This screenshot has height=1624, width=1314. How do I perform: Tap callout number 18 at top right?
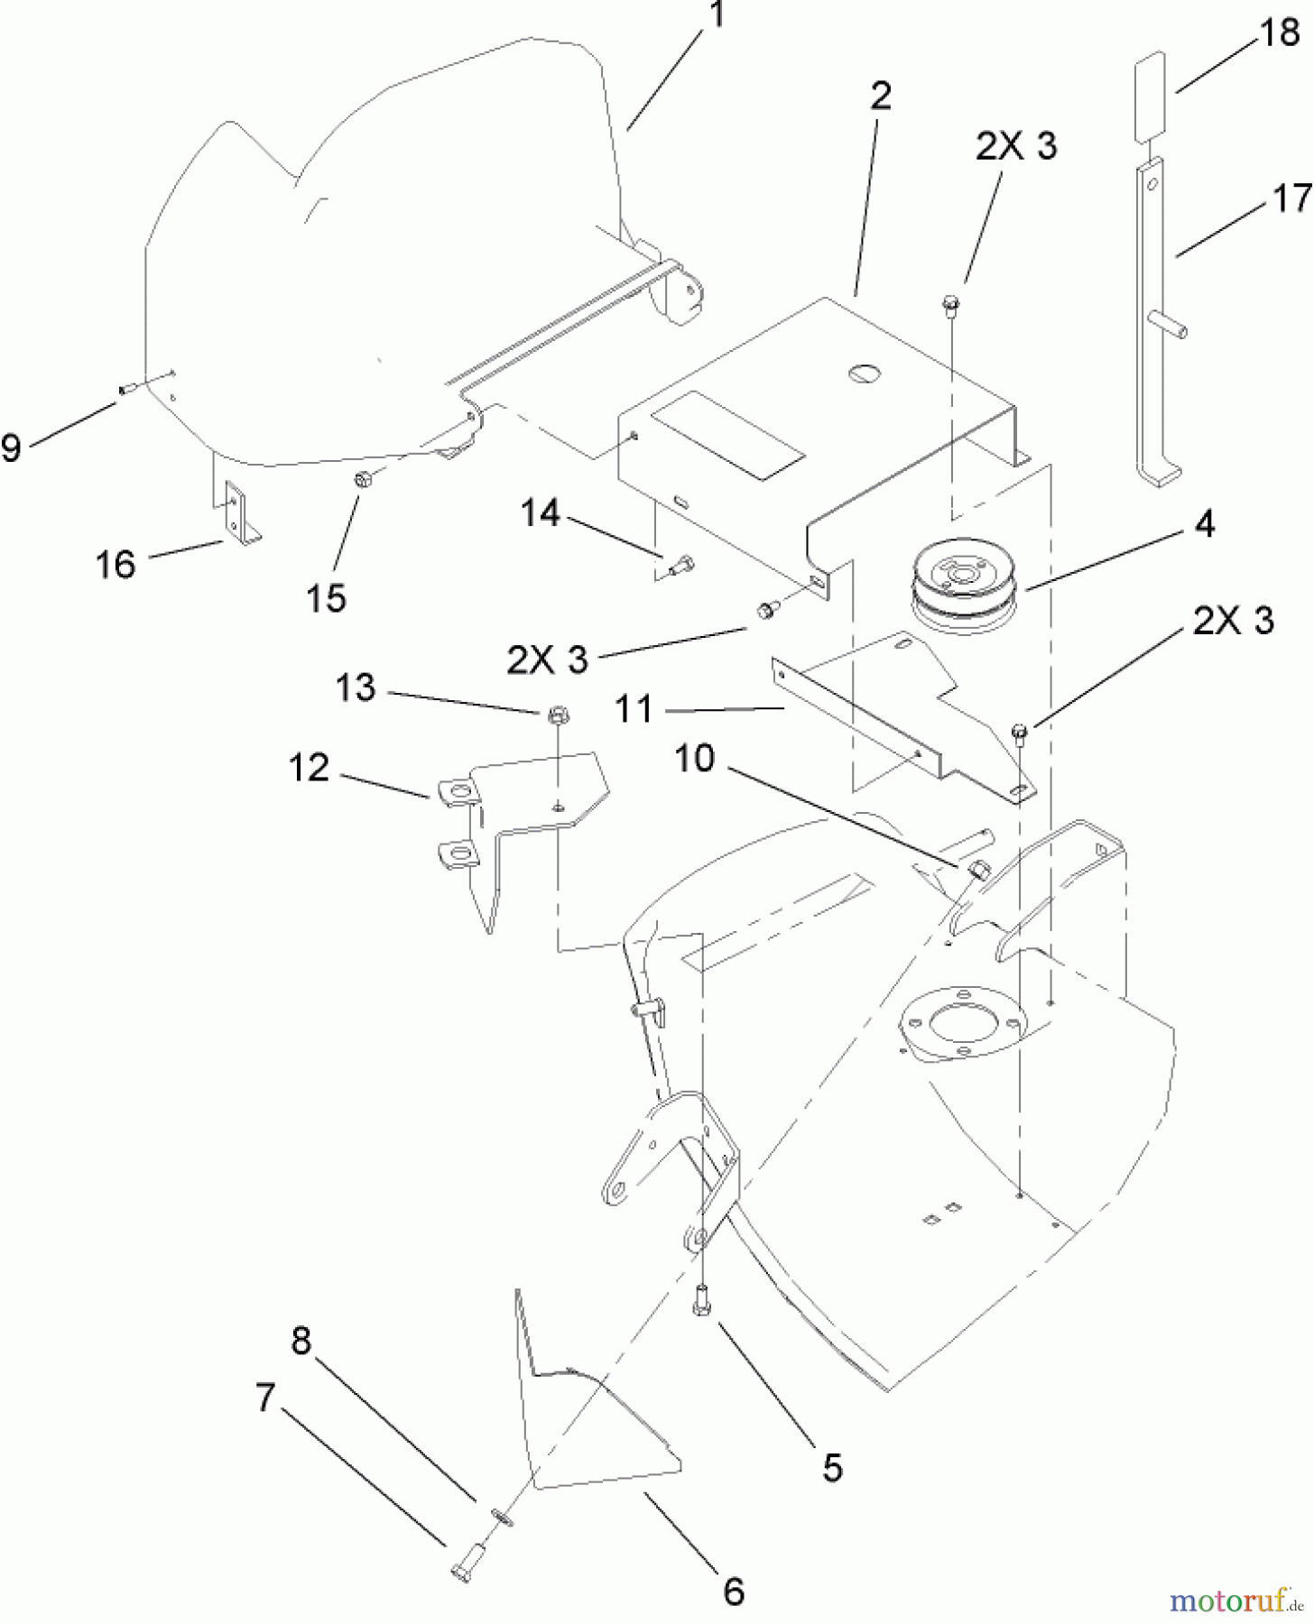(x=1278, y=33)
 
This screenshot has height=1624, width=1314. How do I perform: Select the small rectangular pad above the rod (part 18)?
(x=1149, y=97)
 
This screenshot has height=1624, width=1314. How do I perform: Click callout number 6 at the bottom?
(x=734, y=1591)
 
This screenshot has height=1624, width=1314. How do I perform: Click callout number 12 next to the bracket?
(x=309, y=769)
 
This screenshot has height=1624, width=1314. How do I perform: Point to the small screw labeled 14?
(x=681, y=566)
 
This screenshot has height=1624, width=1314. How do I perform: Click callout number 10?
(x=694, y=759)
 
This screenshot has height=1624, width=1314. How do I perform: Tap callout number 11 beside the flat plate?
(x=634, y=710)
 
